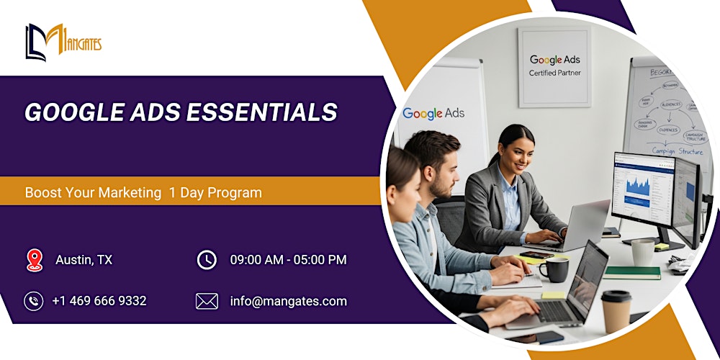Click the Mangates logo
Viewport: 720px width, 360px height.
coord(63,42)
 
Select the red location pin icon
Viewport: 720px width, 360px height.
coord(34,260)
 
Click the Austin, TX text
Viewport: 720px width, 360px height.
coord(84,260)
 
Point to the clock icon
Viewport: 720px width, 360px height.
coord(207,260)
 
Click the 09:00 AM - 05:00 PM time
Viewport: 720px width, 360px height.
coord(288,260)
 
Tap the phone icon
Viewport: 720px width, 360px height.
coord(34,301)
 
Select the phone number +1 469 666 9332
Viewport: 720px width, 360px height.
coord(99,301)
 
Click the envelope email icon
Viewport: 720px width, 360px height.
coord(207,301)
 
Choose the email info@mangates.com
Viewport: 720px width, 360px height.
coord(288,301)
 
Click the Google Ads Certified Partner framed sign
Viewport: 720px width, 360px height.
coord(554,66)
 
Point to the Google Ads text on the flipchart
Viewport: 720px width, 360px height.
coord(433,113)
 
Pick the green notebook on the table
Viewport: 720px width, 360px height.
coord(631,272)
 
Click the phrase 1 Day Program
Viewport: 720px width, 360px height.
coord(215,193)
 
